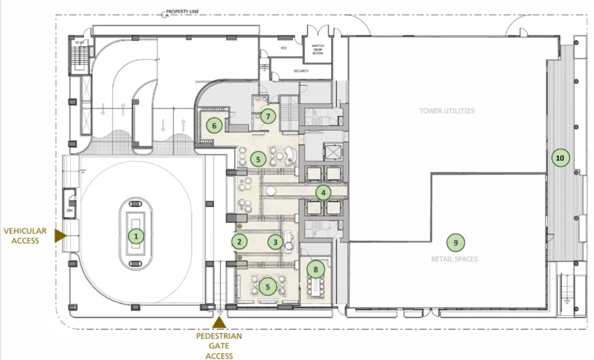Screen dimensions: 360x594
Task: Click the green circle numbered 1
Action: (136, 236)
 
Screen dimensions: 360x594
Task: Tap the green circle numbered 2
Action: (239, 242)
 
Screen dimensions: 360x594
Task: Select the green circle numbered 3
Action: (276, 242)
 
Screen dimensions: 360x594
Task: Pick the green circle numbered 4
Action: (323, 192)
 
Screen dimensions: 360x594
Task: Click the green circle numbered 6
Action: (214, 125)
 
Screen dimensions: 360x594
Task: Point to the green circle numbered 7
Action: (268, 116)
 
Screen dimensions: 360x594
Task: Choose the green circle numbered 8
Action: (315, 269)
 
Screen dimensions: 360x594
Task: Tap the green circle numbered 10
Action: (560, 158)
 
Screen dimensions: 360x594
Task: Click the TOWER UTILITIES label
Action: (446, 111)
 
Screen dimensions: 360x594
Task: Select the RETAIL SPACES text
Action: (454, 258)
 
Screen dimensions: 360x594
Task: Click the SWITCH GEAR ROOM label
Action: (318, 50)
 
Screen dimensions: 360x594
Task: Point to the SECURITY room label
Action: (301, 71)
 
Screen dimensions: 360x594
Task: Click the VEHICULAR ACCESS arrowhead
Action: (60, 236)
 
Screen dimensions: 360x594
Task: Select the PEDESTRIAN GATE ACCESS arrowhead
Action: (219, 322)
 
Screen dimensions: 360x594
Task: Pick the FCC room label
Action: (284, 49)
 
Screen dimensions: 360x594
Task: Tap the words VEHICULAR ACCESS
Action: (25, 236)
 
